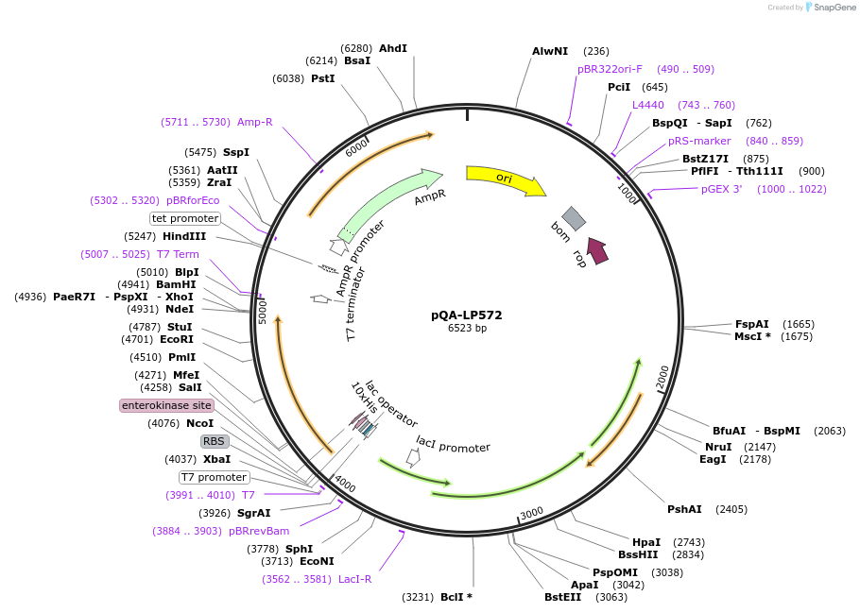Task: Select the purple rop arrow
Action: click(596, 249)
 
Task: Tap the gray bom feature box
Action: click(574, 218)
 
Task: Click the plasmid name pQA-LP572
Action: click(467, 315)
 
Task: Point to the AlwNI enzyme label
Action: click(550, 51)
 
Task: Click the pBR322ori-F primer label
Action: click(610, 69)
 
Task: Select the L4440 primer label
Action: click(648, 105)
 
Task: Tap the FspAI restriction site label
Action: click(752, 324)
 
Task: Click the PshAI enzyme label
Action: click(684, 509)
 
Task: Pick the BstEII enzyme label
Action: click(562, 597)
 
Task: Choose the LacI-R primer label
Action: click(354, 579)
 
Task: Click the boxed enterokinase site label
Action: click(166, 405)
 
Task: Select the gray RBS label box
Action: click(215, 441)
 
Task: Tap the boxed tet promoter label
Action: click(185, 218)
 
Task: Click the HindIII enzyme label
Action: click(184, 236)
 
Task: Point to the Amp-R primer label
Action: click(254, 122)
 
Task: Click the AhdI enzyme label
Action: click(393, 48)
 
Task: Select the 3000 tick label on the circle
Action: click(532, 513)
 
